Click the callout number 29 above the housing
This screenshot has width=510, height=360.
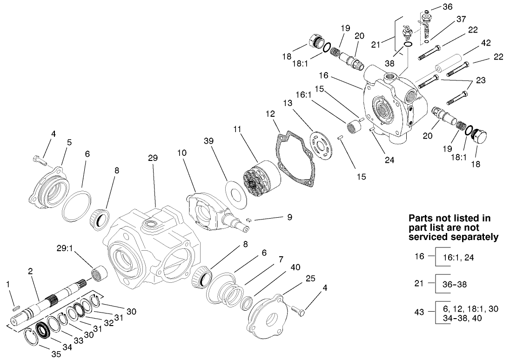(153, 158)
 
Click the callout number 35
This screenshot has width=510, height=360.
(56, 353)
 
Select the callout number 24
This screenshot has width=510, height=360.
(389, 160)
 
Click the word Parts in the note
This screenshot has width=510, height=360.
(422, 218)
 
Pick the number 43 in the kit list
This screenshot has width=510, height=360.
(420, 312)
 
